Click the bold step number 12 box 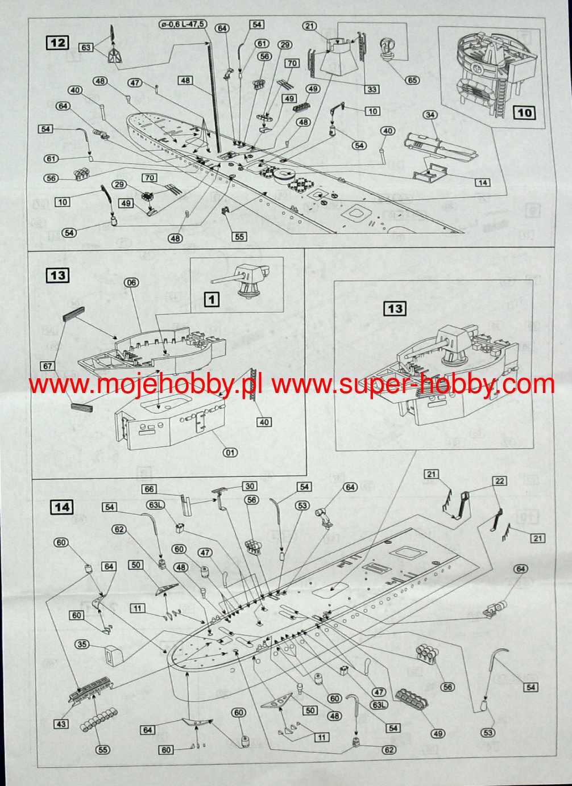coord(58,43)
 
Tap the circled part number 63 coord(86,48)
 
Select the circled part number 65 coord(412,80)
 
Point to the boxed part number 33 coord(372,89)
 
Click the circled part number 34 coord(430,115)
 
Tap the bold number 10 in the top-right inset coord(524,112)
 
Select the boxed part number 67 coord(48,366)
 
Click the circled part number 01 coord(230,453)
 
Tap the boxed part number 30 coord(250,486)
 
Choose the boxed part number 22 coord(500,481)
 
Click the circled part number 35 coord(82,644)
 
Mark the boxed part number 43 coord(61,724)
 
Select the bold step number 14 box coord(62,507)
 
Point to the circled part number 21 coord(310,26)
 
